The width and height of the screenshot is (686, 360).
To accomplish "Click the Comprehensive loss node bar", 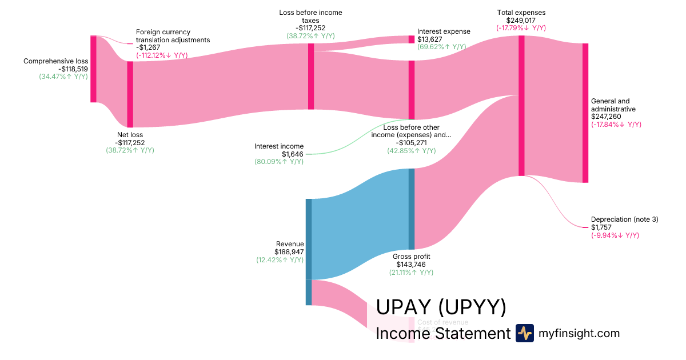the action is coord(93,69).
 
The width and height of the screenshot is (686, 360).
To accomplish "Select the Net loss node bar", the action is coord(130,94).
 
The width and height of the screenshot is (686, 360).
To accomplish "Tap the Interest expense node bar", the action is coord(411,39).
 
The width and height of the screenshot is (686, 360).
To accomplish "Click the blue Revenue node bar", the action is coord(309,239).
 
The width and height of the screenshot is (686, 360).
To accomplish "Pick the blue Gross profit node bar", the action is coord(412,209).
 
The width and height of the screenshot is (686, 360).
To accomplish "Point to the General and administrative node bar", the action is coord(585,113).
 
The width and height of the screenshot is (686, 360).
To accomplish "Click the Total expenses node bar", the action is coord(521,106).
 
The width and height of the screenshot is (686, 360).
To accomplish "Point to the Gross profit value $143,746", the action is coord(412,265).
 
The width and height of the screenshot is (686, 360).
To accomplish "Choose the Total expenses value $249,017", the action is coord(521,20).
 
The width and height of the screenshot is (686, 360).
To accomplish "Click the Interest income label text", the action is coord(279,146).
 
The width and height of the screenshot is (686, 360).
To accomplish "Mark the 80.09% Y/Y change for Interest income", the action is coord(279,162).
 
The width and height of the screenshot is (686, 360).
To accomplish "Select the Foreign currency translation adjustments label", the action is coord(173,36).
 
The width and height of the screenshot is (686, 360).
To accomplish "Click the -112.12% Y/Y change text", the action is coord(162,55).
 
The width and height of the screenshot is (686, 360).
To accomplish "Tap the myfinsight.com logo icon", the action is coord(524,333).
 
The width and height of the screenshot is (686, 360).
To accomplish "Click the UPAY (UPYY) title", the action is coord(441,307).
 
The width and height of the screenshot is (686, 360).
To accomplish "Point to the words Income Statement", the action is coord(442,334).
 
